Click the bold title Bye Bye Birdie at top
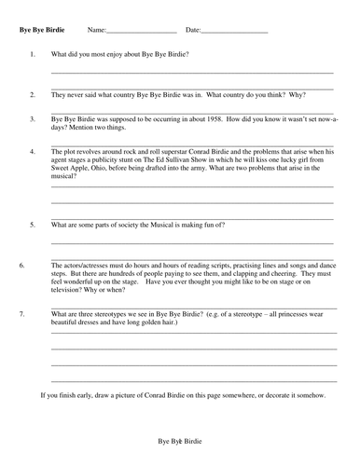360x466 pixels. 42,31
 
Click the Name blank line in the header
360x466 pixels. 134,32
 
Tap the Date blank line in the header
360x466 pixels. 234,32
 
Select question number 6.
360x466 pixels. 21,265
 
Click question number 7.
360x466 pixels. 21,314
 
